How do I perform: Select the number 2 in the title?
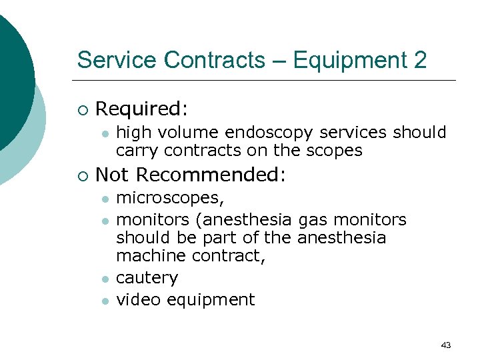coord(419,61)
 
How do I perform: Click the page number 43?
coord(446,345)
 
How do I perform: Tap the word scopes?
coord(335,151)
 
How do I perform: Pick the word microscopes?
coord(169,199)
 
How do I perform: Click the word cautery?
coord(147,278)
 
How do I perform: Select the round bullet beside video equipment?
coord(104,301)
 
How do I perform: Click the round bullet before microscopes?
coord(104,199)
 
